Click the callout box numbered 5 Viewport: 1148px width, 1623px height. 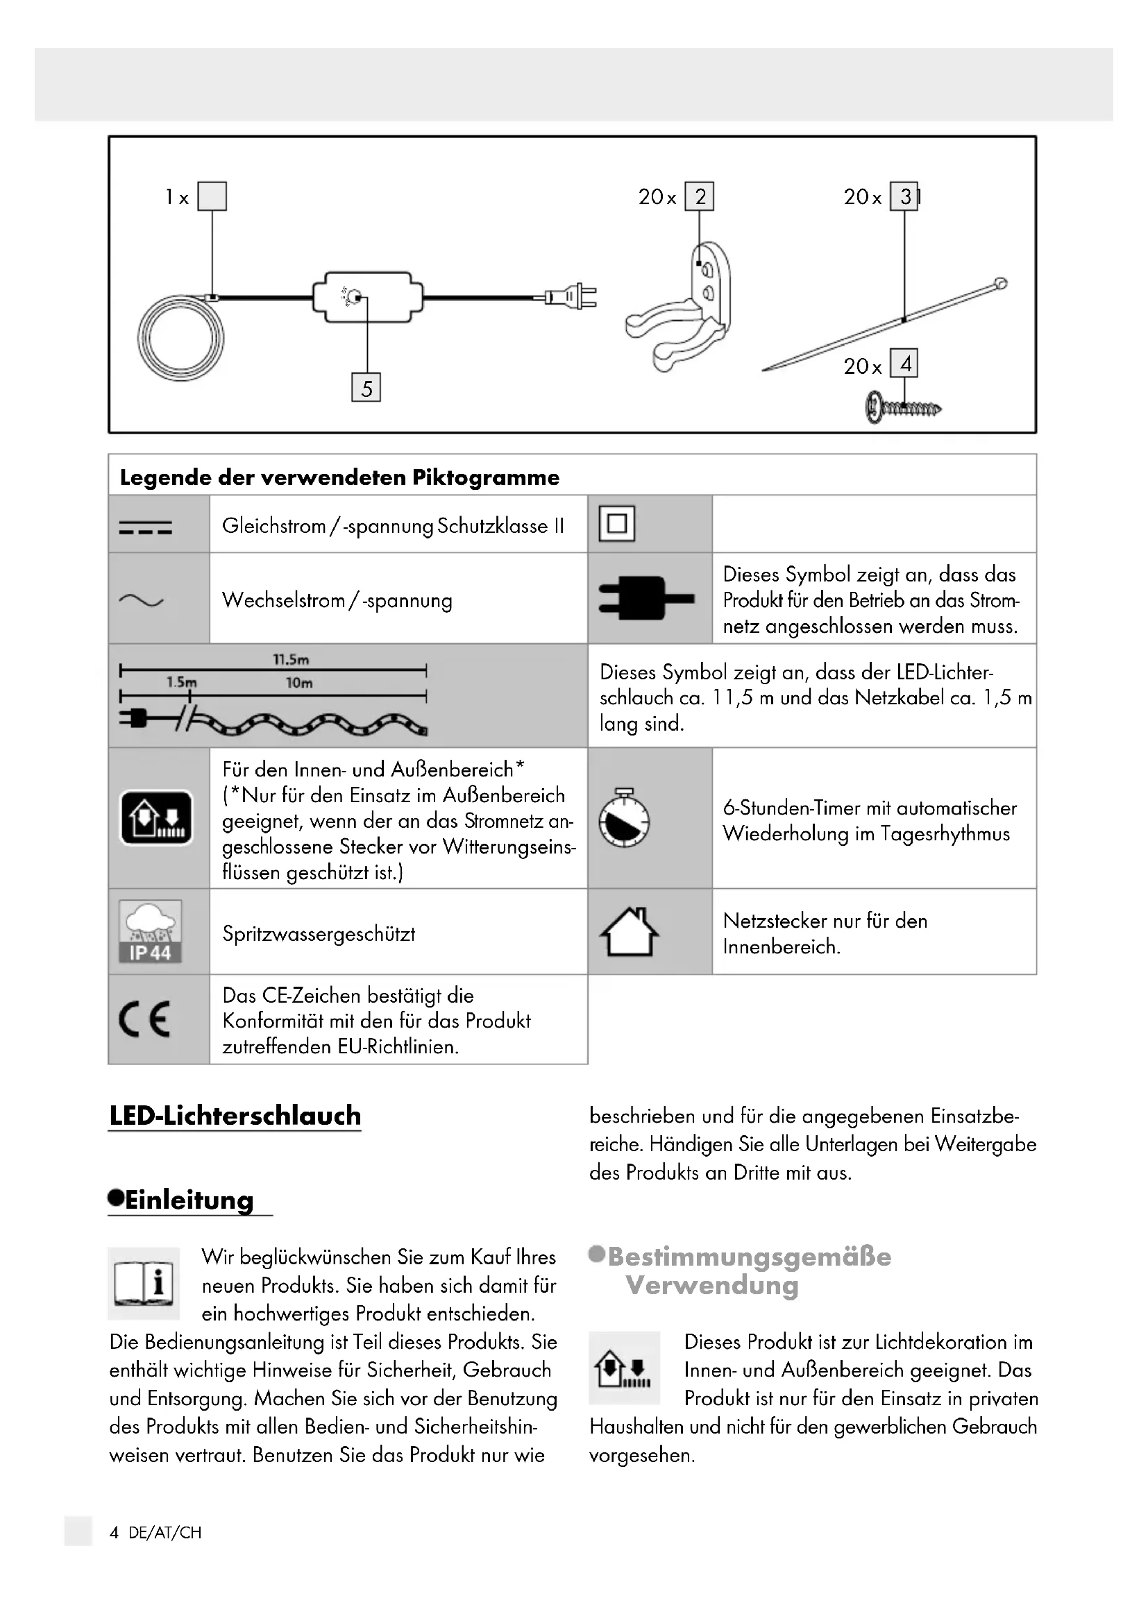coord(366,387)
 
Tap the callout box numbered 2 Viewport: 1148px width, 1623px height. coord(699,196)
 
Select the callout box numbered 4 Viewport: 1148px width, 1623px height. coord(904,364)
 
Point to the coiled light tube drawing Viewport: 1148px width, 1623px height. coord(181,339)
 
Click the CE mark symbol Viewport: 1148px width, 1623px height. coord(145,1019)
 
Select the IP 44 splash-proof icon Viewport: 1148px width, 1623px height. coord(150,931)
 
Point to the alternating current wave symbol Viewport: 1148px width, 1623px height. coord(142,601)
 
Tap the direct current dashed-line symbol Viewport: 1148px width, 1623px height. coord(146,527)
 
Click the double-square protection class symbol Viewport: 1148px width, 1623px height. coord(616,524)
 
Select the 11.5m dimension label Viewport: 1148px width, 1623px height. coord(291,659)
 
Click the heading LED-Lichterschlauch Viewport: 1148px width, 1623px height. coord(235,1116)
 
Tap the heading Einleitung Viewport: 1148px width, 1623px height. coord(189,1200)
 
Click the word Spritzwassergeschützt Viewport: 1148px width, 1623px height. coord(318,933)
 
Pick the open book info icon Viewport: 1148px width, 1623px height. coord(144,1283)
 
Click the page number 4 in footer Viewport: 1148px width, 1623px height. coord(114,1533)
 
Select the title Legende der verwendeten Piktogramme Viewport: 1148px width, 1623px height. coord(339,477)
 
